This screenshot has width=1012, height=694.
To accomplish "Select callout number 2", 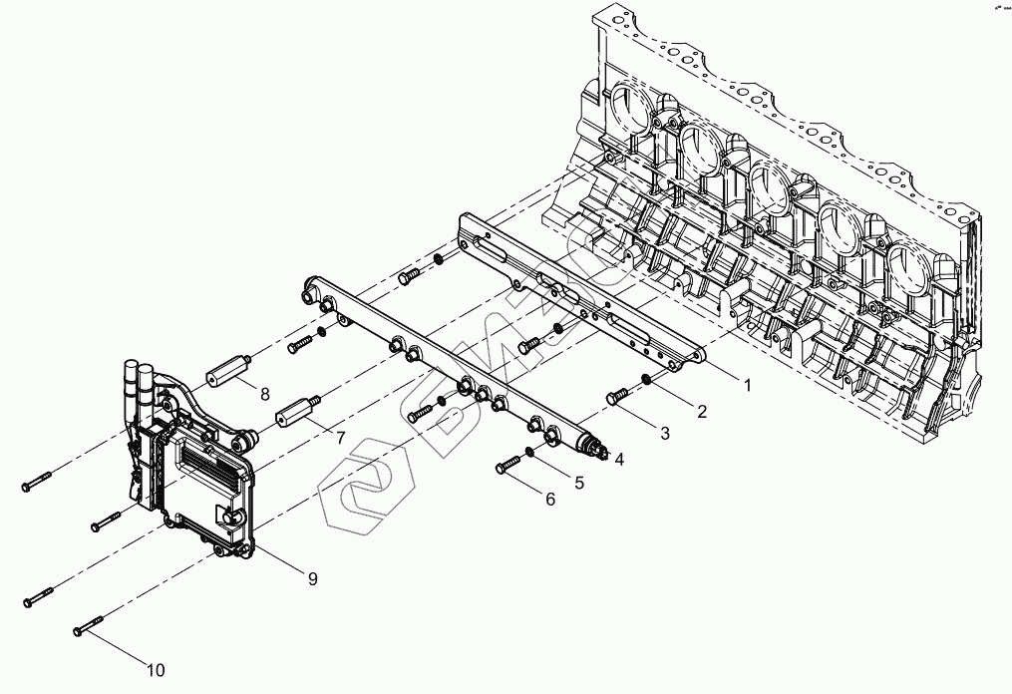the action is click(701, 411).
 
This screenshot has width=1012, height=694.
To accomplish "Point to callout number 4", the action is click(620, 460).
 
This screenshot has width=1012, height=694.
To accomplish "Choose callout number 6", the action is click(549, 500).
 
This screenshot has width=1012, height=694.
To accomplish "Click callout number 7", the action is click(340, 438).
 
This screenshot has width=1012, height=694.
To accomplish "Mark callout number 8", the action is click(265, 395).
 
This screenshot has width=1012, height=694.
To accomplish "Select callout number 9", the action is click(312, 579).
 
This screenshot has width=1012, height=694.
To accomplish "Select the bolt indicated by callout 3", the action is click(617, 397).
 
